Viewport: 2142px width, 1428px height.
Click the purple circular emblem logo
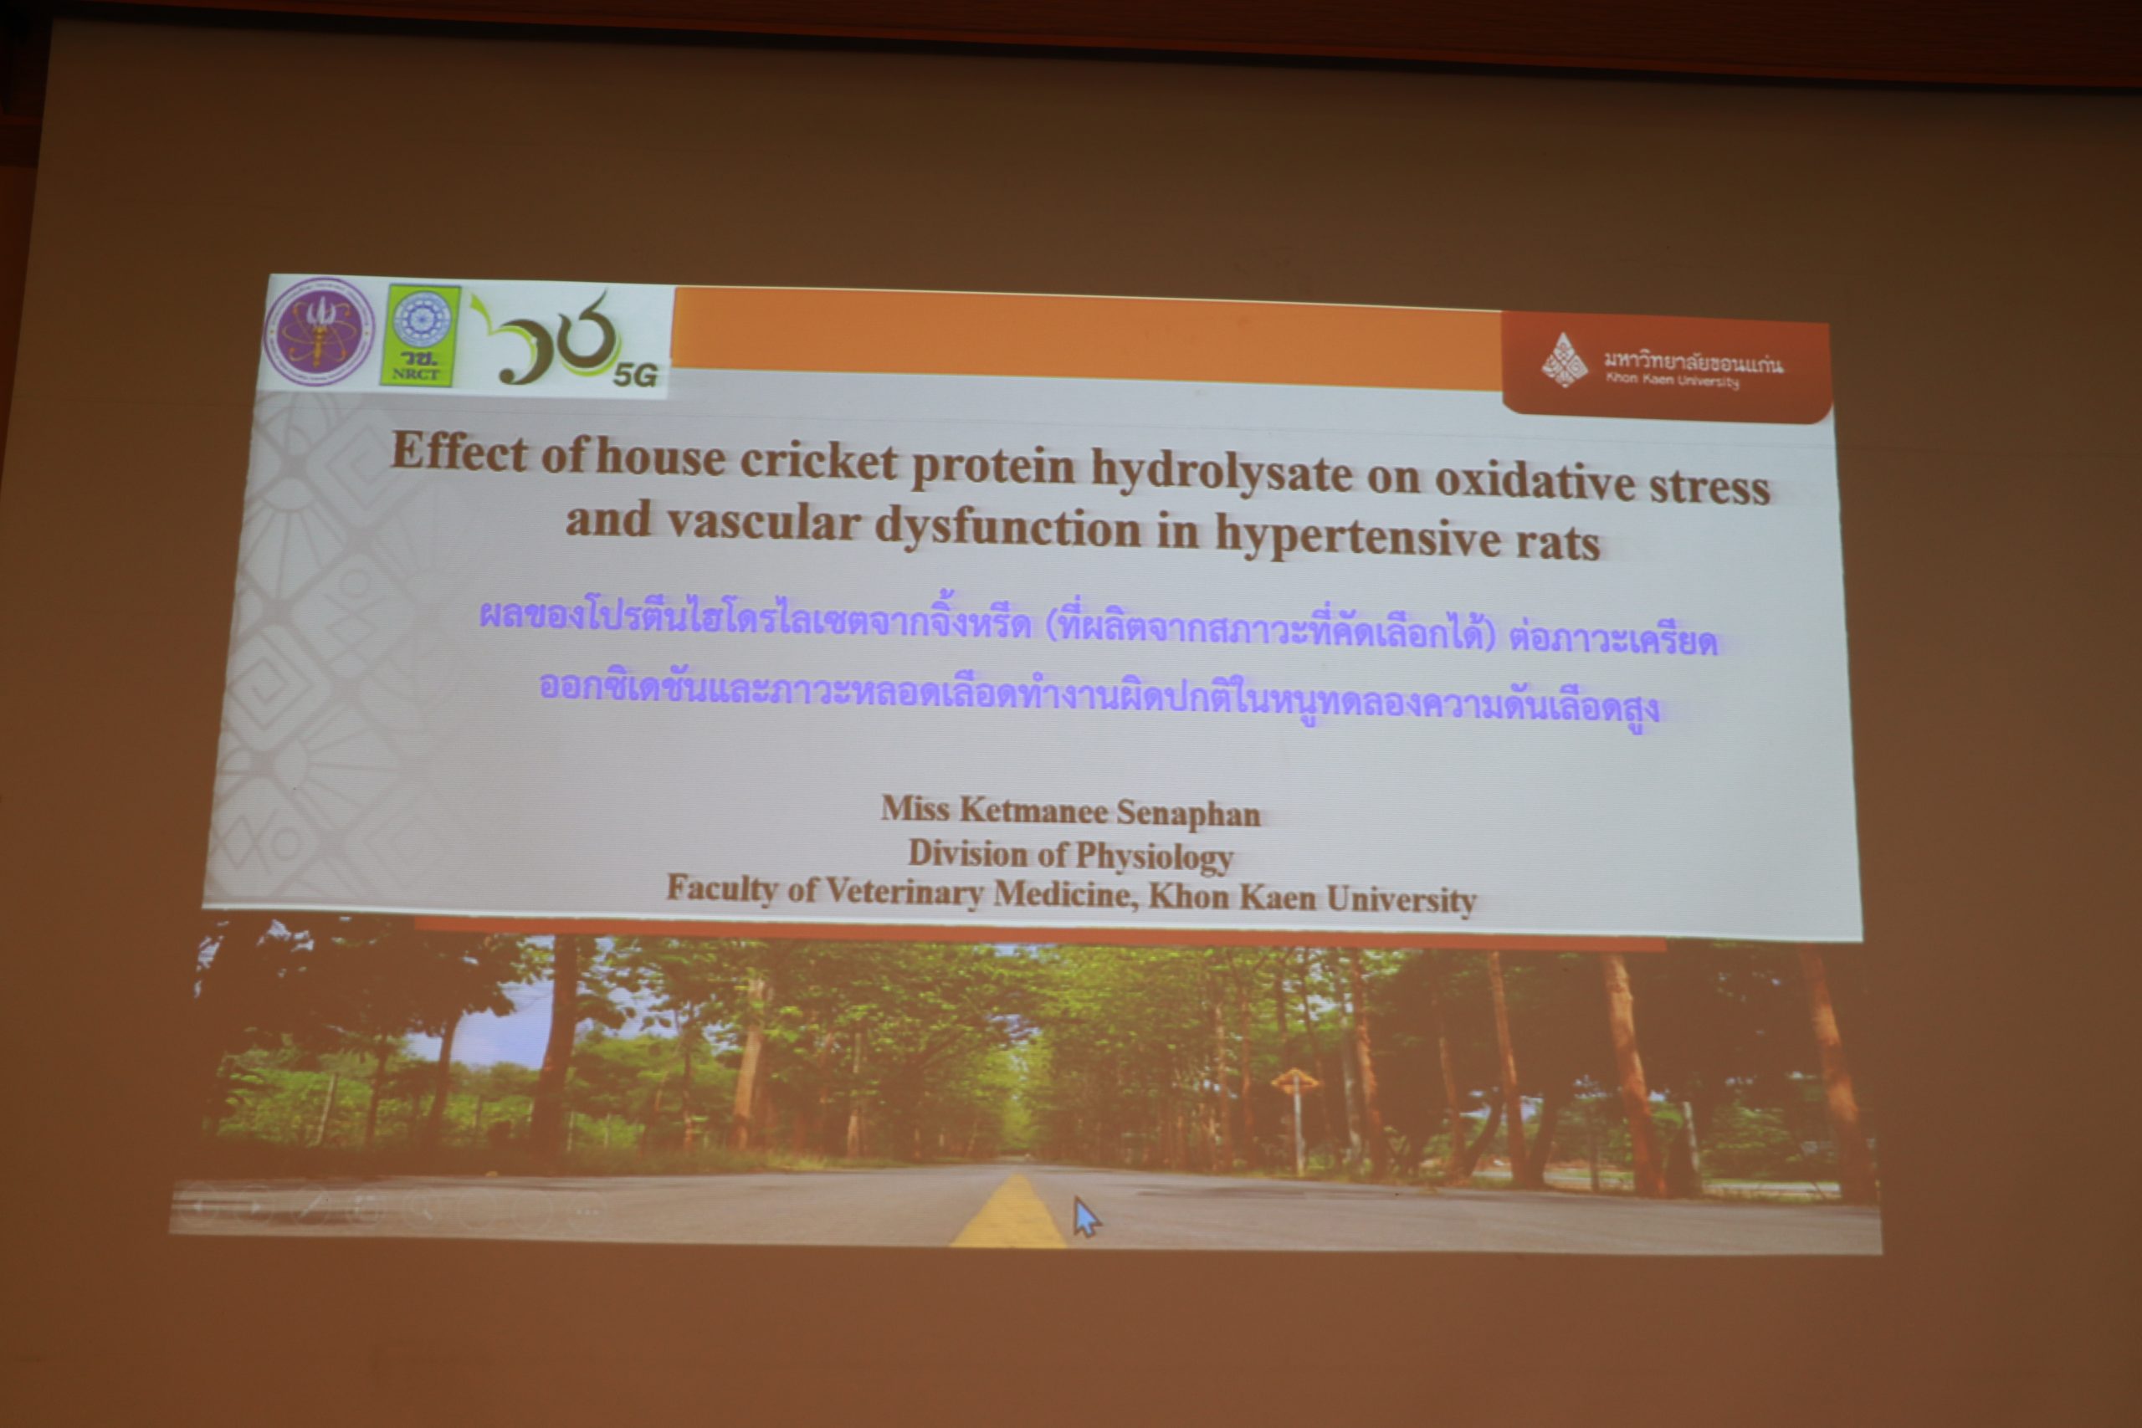[319, 330]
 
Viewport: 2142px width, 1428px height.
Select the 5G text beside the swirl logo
[634, 374]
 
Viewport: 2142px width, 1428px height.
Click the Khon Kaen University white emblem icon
[1564, 361]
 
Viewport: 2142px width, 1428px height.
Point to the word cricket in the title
[819, 461]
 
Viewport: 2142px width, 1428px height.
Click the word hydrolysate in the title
[1222, 473]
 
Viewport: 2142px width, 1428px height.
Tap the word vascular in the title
[763, 523]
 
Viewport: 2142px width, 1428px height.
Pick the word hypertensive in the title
[1357, 537]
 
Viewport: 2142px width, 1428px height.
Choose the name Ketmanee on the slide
[1033, 811]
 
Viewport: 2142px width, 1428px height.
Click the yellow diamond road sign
[1295, 1081]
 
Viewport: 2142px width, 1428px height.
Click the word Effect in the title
[459, 451]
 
